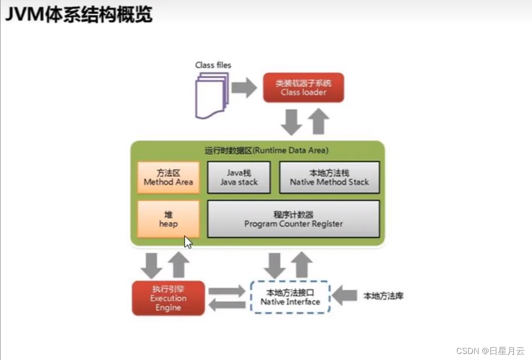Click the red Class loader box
[x=303, y=88]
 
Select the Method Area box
[x=168, y=177]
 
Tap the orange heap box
[x=168, y=219]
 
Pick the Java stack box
[x=239, y=177]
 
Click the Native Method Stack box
[x=329, y=177]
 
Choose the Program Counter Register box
[x=293, y=219]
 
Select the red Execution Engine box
[x=168, y=298]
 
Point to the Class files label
[x=213, y=65]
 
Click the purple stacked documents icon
[x=211, y=96]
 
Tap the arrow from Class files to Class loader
[x=244, y=88]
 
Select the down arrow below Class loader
[x=291, y=122]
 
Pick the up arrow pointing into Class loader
[x=318, y=121]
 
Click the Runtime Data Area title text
[x=266, y=150]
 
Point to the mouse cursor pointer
[x=188, y=242]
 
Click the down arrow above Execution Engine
[x=151, y=266]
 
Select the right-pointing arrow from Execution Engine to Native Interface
[x=227, y=291]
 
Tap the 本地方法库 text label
[x=384, y=296]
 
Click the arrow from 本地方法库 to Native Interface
[x=344, y=295]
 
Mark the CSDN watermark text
[x=490, y=351]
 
